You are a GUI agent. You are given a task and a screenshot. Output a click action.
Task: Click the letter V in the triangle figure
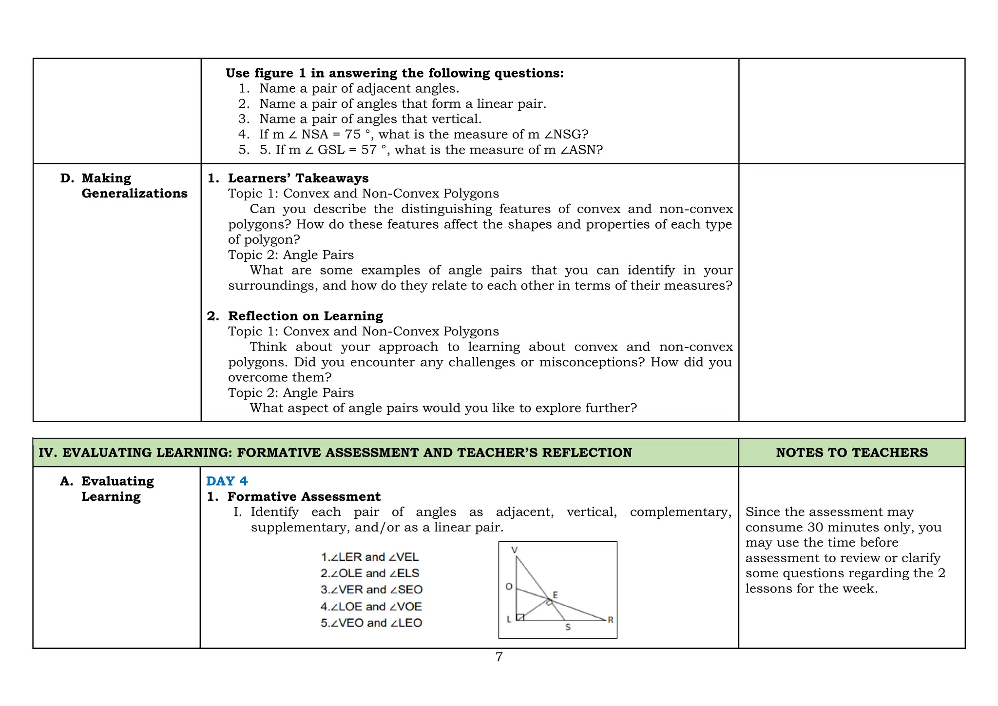pos(514,550)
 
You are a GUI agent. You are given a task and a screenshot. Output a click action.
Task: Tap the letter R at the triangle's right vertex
pos(611,620)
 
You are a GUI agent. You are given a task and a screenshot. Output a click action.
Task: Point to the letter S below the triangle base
pos(568,628)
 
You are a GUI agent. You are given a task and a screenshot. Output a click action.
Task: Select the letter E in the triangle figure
pos(555,595)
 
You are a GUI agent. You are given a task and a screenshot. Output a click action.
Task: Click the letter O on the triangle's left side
pos(509,587)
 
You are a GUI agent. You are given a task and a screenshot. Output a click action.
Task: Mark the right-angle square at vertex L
pos(520,617)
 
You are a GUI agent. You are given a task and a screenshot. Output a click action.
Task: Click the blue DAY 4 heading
pos(227,481)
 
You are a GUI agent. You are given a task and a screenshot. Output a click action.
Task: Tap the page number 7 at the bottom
pos(499,657)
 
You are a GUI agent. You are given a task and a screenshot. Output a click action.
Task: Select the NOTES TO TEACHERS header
pos(851,452)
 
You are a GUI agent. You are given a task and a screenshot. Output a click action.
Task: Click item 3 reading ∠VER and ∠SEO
pos(371,589)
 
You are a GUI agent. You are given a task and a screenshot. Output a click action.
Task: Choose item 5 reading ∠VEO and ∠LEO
pos(371,623)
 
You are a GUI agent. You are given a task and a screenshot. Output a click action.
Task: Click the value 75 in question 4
pos(353,135)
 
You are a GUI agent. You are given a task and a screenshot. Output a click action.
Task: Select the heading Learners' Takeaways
pos(298,178)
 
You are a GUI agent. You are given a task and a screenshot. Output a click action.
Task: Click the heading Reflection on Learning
pos(305,316)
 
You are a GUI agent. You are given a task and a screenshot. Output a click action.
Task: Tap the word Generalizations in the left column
pos(134,194)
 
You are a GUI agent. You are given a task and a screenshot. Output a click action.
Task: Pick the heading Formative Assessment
pos(304,496)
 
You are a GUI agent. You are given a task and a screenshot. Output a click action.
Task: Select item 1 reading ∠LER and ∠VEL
pos(369,557)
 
